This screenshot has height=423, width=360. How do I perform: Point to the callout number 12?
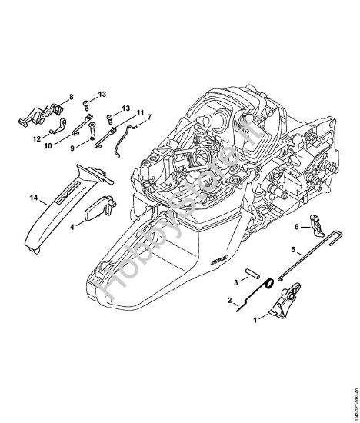pos(35,139)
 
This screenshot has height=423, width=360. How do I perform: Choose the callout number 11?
pos(139,113)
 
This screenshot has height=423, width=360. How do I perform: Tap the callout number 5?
pos(293,249)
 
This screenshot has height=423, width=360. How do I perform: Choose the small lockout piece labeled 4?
pos(101,206)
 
